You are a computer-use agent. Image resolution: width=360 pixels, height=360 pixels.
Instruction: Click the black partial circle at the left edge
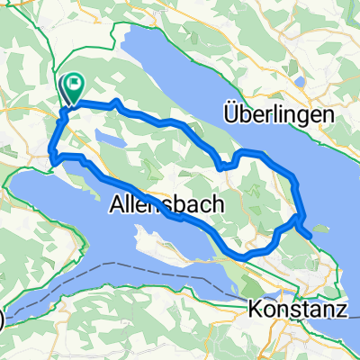[2, 318]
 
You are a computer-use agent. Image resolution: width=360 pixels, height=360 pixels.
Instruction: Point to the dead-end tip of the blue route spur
[311, 237]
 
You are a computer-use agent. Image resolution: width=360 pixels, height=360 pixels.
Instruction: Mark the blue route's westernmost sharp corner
[53, 161]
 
